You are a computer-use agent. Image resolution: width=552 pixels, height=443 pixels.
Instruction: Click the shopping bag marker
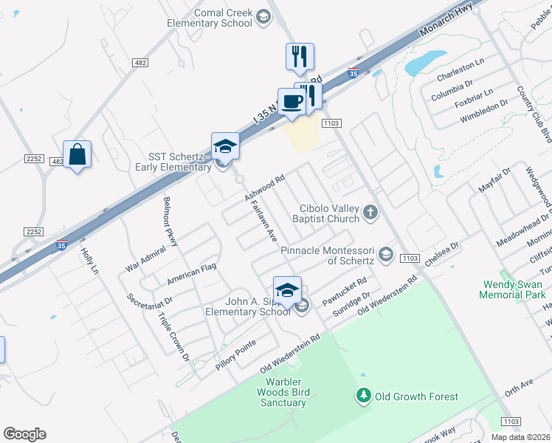point(77,155)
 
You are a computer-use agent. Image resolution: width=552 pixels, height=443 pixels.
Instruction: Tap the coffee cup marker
point(292,102)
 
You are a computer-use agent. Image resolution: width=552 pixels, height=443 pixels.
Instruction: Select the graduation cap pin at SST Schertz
point(225,146)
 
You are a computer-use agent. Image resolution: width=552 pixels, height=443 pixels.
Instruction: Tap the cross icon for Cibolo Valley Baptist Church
point(370,214)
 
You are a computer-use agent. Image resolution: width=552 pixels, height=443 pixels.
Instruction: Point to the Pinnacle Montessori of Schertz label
point(329,255)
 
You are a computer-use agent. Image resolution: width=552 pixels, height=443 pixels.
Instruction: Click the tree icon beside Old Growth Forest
point(363,396)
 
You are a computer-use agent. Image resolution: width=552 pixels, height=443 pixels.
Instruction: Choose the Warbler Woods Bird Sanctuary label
point(282,392)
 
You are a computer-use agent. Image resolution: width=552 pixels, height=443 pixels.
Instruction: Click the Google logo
point(24,434)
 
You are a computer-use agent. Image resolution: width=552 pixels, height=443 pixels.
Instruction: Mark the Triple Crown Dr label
point(174,337)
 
